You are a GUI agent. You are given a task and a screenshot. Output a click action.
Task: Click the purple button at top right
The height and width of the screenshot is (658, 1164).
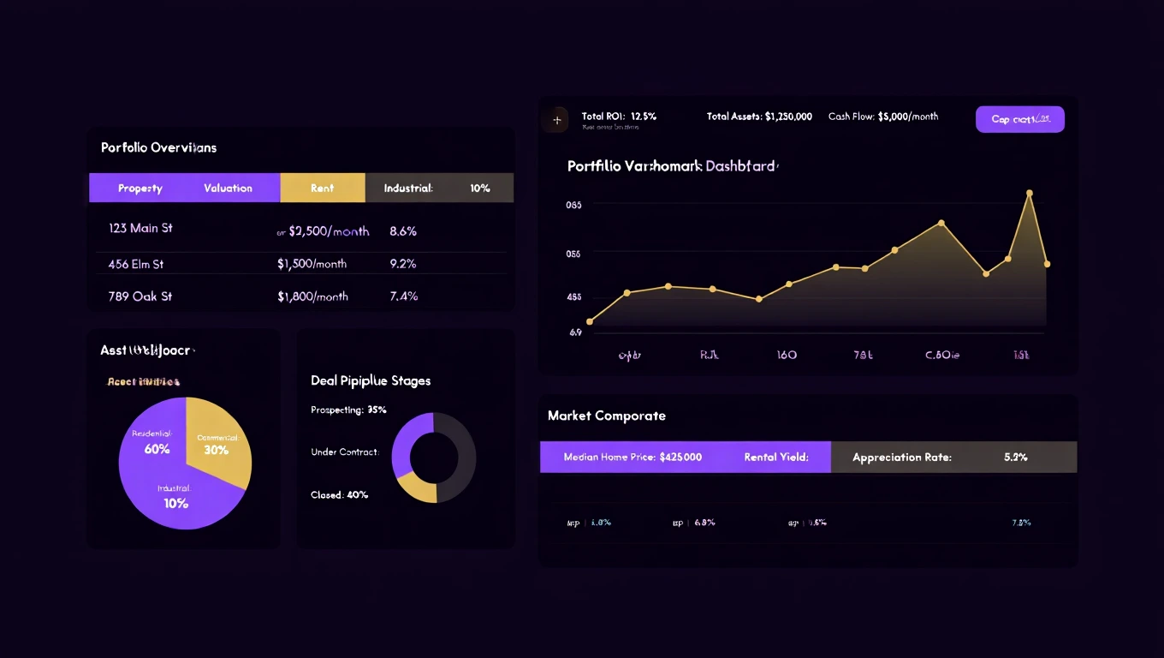tap(1019, 119)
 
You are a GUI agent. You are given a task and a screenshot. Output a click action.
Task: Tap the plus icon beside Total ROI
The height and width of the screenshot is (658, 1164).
tap(556, 120)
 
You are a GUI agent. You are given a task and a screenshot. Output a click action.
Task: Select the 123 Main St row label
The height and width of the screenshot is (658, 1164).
tap(140, 228)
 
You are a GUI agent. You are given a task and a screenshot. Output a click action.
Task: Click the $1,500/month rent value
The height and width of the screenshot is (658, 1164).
tap(312, 264)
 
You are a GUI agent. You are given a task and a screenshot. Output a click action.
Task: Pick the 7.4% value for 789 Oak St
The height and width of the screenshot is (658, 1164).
tap(403, 296)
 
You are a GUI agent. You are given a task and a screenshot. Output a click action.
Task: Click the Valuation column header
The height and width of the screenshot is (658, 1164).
tap(228, 188)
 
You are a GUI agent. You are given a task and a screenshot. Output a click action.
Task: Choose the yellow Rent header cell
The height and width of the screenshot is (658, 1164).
tap(322, 188)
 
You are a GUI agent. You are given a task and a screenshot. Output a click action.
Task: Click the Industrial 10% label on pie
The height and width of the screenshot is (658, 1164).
tap(175, 498)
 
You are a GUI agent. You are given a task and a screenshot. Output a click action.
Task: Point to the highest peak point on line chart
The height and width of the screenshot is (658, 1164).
tap(1029, 194)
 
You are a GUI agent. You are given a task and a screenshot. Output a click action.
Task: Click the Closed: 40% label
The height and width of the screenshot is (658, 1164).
tap(340, 495)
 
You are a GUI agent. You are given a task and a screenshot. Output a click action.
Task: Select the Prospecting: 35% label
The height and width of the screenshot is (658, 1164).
tap(348, 410)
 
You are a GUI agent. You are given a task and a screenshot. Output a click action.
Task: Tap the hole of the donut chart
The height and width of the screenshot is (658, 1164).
tap(434, 458)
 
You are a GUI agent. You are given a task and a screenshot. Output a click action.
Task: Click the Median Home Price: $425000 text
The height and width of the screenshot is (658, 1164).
tap(632, 457)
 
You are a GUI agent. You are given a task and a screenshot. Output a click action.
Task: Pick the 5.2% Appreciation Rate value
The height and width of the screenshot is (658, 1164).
tap(1015, 457)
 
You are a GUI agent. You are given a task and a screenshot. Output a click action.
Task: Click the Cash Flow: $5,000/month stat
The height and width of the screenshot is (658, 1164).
tap(882, 117)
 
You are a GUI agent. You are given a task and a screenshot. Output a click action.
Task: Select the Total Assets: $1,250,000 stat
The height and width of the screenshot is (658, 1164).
tap(759, 117)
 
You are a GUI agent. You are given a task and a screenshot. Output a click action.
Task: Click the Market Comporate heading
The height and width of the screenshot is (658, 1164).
tap(606, 416)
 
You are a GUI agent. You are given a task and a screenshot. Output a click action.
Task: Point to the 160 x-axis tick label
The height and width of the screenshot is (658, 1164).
tap(786, 355)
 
